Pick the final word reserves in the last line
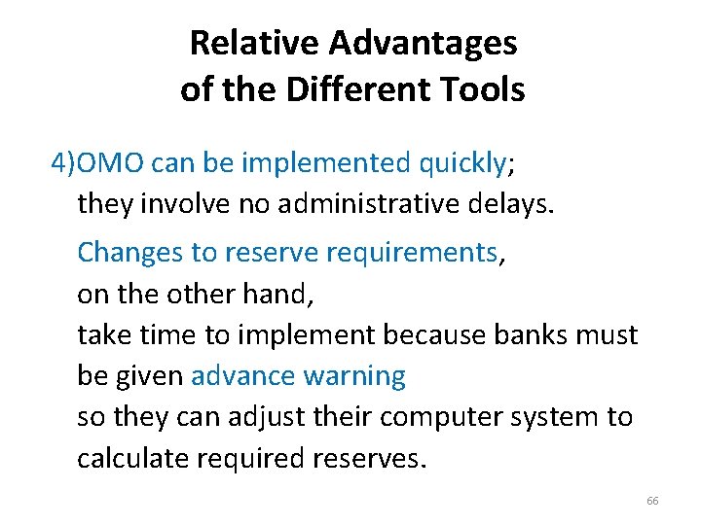click(x=375, y=458)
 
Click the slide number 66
click(x=652, y=501)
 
